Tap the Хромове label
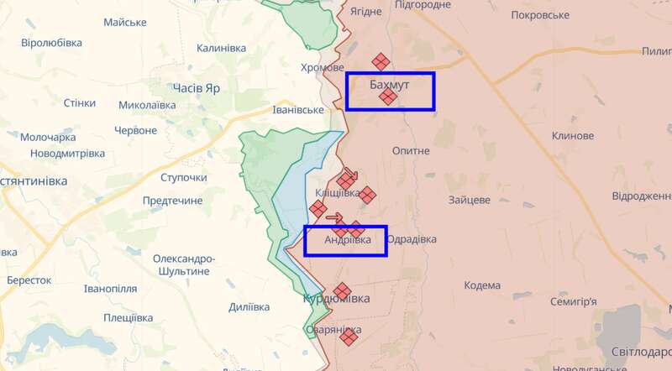pyautogui.click(x=323, y=68)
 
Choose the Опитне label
pyautogui.click(x=411, y=150)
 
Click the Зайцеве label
pyautogui.click(x=470, y=201)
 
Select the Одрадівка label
pyautogui.click(x=412, y=239)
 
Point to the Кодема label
pyautogui.click(x=482, y=285)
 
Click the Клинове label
pyautogui.click(x=573, y=136)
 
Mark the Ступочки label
pyautogui.click(x=183, y=178)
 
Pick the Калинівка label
pyautogui.click(x=221, y=48)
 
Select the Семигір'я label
pyautogui.click(x=571, y=301)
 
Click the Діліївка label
pyautogui.click(x=248, y=307)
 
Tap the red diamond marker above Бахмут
pyautogui.click(x=381, y=61)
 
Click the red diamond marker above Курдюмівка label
pyautogui.click(x=342, y=291)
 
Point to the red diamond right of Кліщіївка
pyautogui.click(x=368, y=194)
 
